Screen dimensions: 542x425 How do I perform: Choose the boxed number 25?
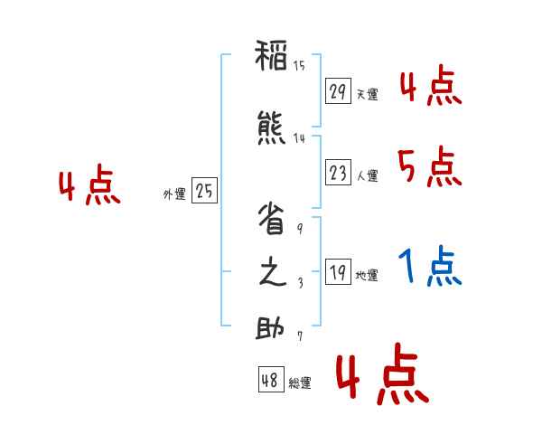205,191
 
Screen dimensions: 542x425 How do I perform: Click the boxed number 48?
270,381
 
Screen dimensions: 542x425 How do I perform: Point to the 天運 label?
367,95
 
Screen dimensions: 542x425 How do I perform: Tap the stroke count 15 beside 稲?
299,66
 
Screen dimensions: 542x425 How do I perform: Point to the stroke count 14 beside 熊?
299,138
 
